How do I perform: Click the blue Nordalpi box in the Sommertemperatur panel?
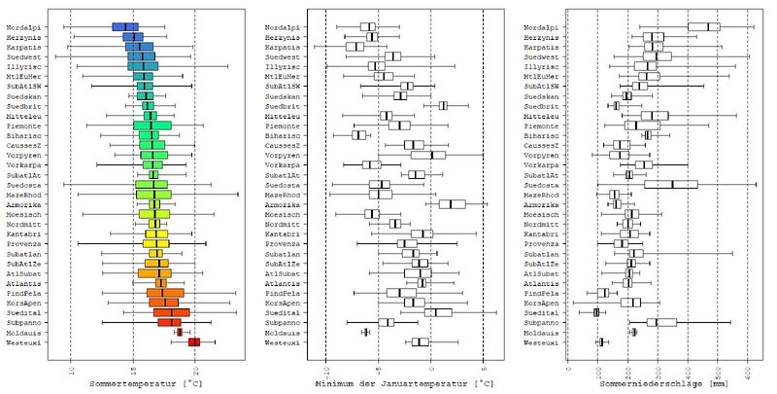click(x=125, y=26)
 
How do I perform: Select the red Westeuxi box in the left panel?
click(x=194, y=341)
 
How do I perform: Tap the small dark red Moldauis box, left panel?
click(x=179, y=332)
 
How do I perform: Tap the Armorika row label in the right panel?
click(x=541, y=204)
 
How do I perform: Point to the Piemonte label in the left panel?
click(x=24, y=125)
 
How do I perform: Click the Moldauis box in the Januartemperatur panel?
click(x=365, y=332)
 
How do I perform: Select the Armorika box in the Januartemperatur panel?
click(x=452, y=204)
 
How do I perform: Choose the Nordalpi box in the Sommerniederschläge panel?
click(x=703, y=26)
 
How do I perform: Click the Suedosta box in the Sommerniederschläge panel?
click(x=671, y=184)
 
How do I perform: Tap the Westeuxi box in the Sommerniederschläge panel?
click(x=600, y=341)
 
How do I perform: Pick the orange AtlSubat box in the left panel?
click(x=154, y=272)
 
